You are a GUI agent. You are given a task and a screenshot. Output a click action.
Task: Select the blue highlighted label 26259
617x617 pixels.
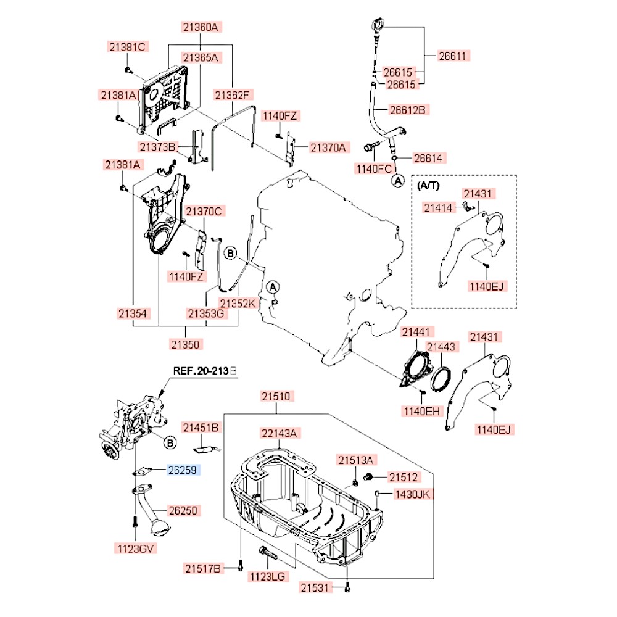click(182, 470)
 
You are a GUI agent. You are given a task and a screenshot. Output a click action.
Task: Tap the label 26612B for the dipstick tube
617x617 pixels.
click(408, 109)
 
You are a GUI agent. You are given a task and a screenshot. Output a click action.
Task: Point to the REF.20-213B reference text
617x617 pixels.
click(204, 371)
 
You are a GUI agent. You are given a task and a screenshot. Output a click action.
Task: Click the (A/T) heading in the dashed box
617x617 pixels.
click(429, 184)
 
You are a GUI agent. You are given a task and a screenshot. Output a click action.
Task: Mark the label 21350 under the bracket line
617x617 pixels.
click(186, 344)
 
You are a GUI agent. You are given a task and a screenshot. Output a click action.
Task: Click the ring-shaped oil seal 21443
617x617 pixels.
click(441, 378)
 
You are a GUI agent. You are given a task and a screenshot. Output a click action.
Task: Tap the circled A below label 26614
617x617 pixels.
click(398, 181)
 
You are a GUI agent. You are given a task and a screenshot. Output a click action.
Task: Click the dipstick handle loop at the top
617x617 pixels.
click(376, 25)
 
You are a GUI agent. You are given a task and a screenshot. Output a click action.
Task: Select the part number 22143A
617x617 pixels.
click(278, 434)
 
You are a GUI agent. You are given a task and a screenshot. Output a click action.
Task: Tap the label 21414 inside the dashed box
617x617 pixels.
click(437, 208)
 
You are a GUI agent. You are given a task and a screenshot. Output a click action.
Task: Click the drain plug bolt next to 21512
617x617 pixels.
click(368, 476)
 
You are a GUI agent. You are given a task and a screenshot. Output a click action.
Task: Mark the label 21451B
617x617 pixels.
click(201, 427)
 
